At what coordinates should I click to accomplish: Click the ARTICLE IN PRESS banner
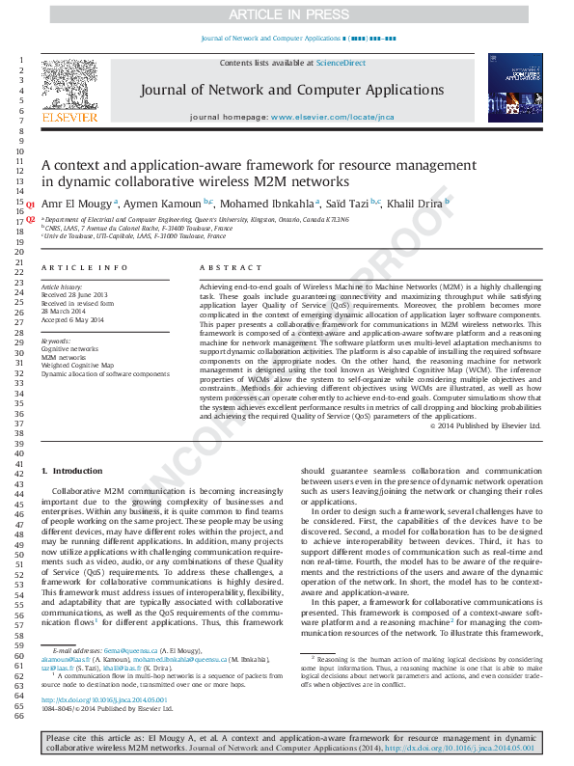[x=287, y=14]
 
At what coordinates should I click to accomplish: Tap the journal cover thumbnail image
[x=508, y=88]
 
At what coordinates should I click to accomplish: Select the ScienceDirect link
[x=341, y=63]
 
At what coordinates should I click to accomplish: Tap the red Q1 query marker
[x=30, y=205]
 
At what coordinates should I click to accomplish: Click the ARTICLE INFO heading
[x=85, y=267]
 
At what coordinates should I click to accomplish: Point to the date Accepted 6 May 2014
[x=71, y=319]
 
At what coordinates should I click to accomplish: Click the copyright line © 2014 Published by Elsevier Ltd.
[x=485, y=424]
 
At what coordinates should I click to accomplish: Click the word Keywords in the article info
[x=56, y=342]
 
